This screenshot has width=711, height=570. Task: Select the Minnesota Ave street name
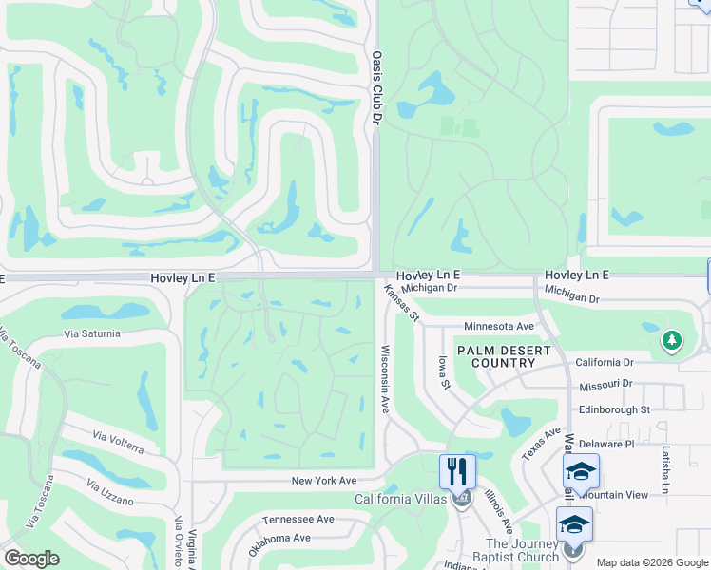(499, 326)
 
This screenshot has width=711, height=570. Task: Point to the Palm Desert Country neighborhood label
(504, 356)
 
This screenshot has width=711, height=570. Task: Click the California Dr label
(605, 362)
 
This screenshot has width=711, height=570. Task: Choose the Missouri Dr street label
(605, 384)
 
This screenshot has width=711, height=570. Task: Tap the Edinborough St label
(614, 409)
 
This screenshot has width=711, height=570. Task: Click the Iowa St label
(443, 371)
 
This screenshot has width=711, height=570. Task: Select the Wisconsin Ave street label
(386, 378)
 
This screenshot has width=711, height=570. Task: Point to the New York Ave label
(323, 481)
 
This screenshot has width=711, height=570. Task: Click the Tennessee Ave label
(298, 519)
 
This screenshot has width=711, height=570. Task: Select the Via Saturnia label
(92, 333)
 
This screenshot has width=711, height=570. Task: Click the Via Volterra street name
(118, 442)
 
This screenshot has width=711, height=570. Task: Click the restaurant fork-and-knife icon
(457, 471)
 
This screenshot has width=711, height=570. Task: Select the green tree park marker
(672, 339)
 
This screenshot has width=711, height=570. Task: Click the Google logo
(31, 559)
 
